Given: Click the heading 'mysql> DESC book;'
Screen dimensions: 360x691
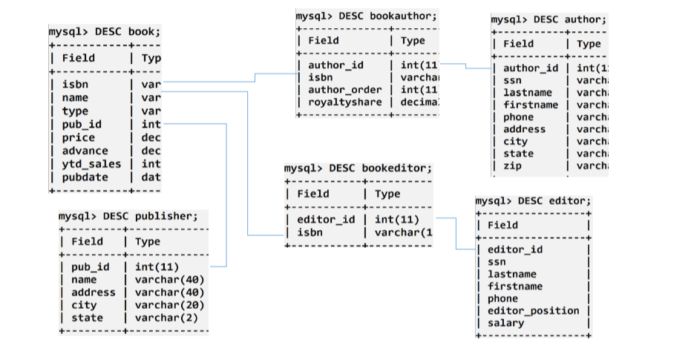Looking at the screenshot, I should click(104, 32).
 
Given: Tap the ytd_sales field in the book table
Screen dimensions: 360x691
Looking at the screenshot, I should click(91, 164).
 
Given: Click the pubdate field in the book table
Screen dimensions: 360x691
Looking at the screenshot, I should click(84, 177).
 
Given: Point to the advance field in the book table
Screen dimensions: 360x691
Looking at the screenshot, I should click(84, 151).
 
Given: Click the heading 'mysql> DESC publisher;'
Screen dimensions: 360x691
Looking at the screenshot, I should click(128, 216).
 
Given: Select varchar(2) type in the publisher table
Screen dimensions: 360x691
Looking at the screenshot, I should click(168, 318).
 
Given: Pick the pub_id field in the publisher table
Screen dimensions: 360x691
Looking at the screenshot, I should click(90, 266).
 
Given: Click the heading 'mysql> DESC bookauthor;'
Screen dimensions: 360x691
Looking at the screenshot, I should click(366, 15).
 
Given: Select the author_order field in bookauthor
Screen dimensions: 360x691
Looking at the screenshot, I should click(345, 90).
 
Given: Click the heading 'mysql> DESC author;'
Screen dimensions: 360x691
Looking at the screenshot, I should click(548, 19).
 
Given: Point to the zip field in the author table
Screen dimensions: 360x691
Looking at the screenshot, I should click(512, 166).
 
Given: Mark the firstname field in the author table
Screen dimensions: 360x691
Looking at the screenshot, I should click(531, 105).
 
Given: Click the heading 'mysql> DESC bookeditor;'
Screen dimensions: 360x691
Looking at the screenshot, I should click(358, 168).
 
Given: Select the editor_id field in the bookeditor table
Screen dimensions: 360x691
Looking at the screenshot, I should click(326, 219).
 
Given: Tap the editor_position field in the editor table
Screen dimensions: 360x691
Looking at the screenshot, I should click(531, 310).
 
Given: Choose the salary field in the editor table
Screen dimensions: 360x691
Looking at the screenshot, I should click(505, 322).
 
